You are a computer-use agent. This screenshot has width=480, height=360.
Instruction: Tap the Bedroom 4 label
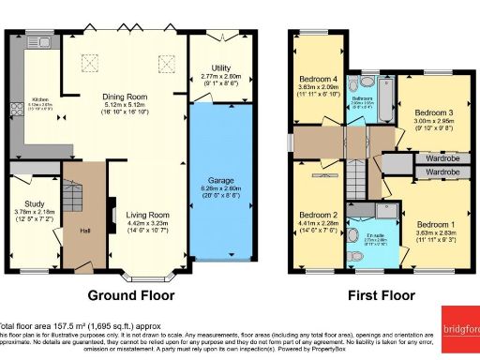318,79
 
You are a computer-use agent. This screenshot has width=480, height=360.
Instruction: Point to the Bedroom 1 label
437,225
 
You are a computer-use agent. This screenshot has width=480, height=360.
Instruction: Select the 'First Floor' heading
382,295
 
